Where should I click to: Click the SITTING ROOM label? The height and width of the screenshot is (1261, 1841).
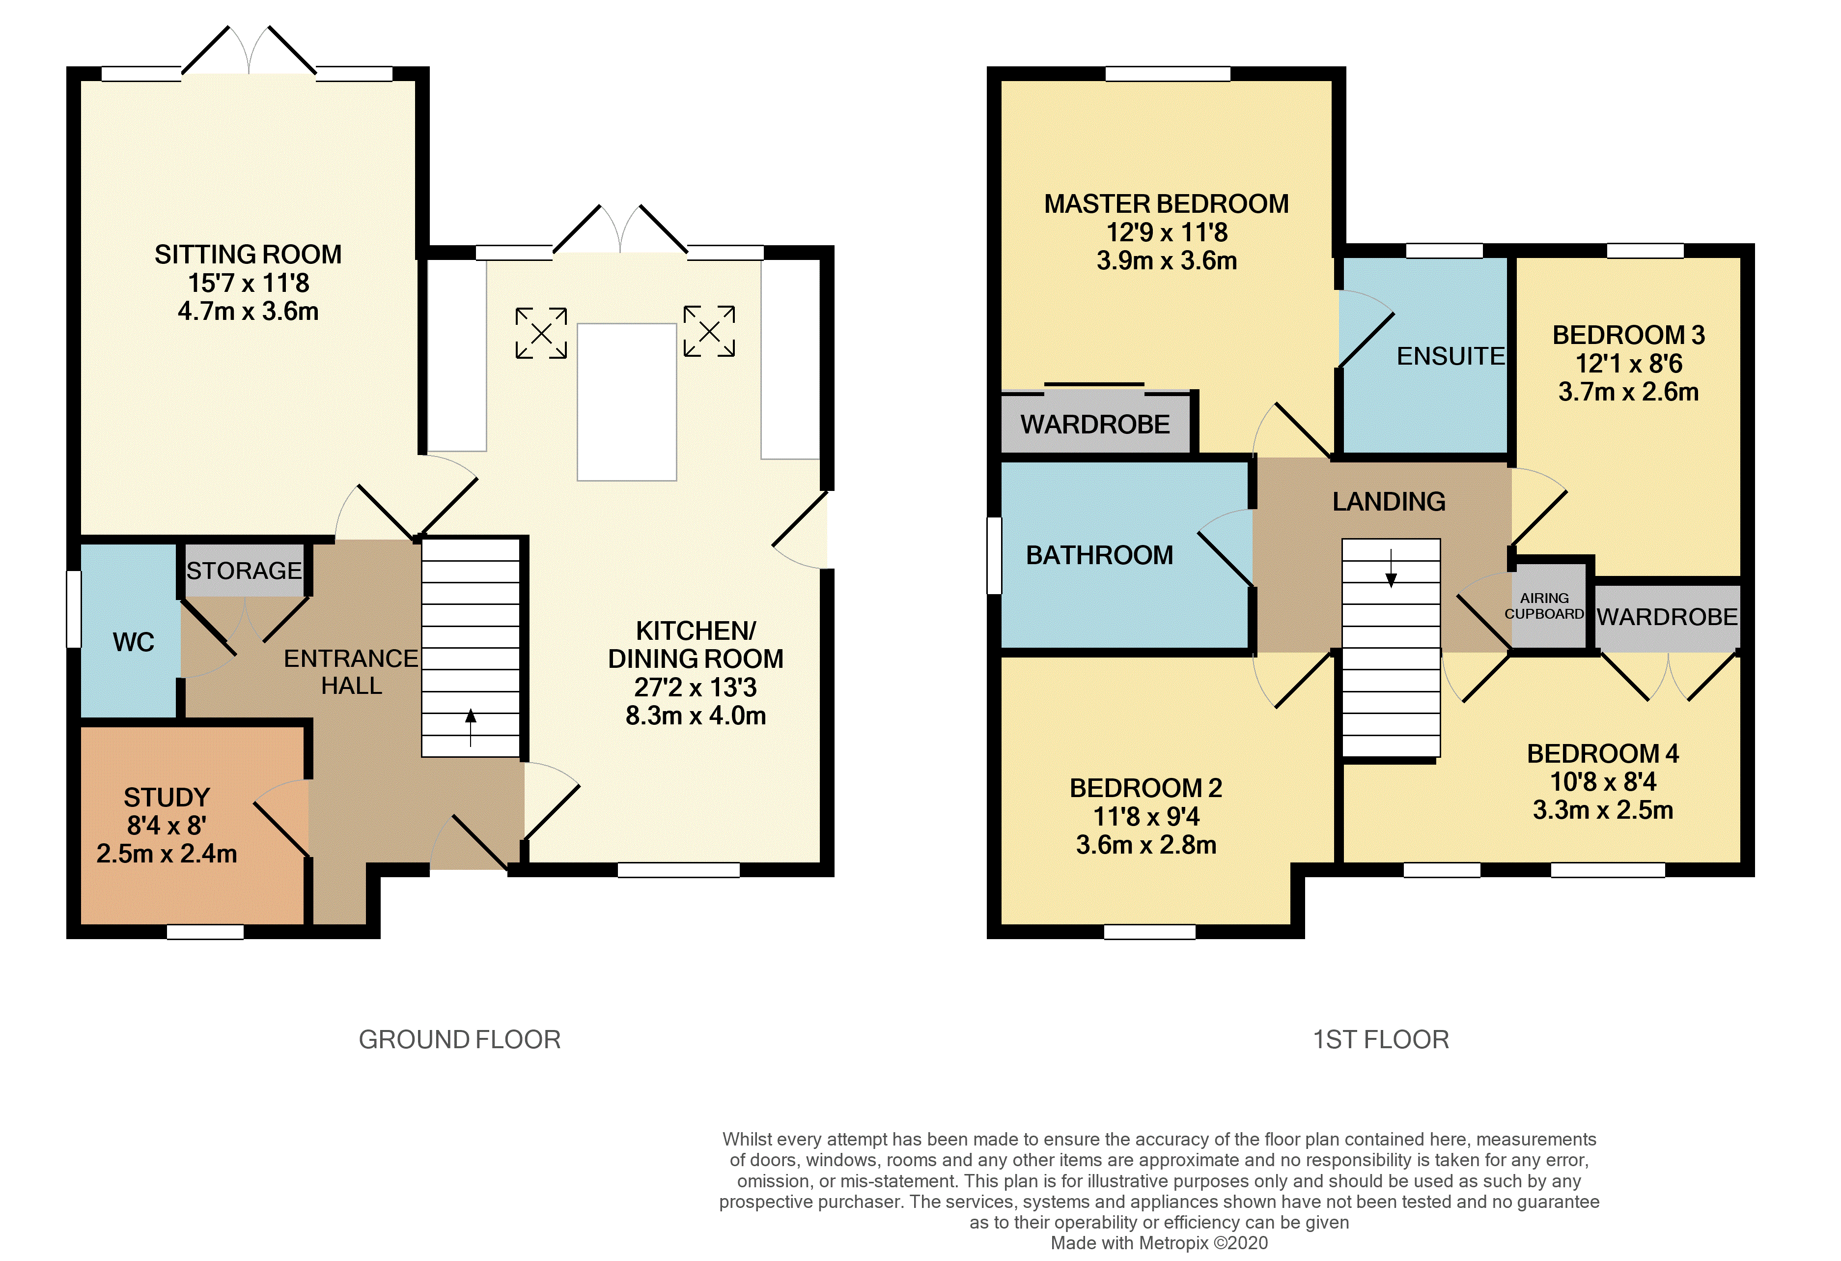[x=248, y=255]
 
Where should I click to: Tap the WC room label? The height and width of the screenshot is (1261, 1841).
[x=133, y=642]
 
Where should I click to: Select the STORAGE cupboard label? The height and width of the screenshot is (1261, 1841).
[x=244, y=571]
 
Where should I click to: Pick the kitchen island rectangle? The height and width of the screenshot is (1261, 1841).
[x=627, y=402]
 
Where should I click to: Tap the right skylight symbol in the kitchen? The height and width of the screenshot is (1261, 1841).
[x=709, y=331]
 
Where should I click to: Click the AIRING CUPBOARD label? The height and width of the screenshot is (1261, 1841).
[x=1544, y=605]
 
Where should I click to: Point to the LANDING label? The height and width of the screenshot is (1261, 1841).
[x=1389, y=502]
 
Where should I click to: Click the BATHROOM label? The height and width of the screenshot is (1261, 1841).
[x=1099, y=556]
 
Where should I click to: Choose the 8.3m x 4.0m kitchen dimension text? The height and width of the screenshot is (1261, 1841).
[x=696, y=716]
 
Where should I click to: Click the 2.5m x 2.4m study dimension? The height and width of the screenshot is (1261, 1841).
[x=167, y=854]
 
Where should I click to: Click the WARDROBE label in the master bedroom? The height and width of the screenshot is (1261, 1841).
[x=1095, y=425]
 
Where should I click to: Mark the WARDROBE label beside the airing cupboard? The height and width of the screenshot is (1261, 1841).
[x=1667, y=617]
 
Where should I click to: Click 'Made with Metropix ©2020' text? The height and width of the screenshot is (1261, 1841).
[x=1159, y=1243]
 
